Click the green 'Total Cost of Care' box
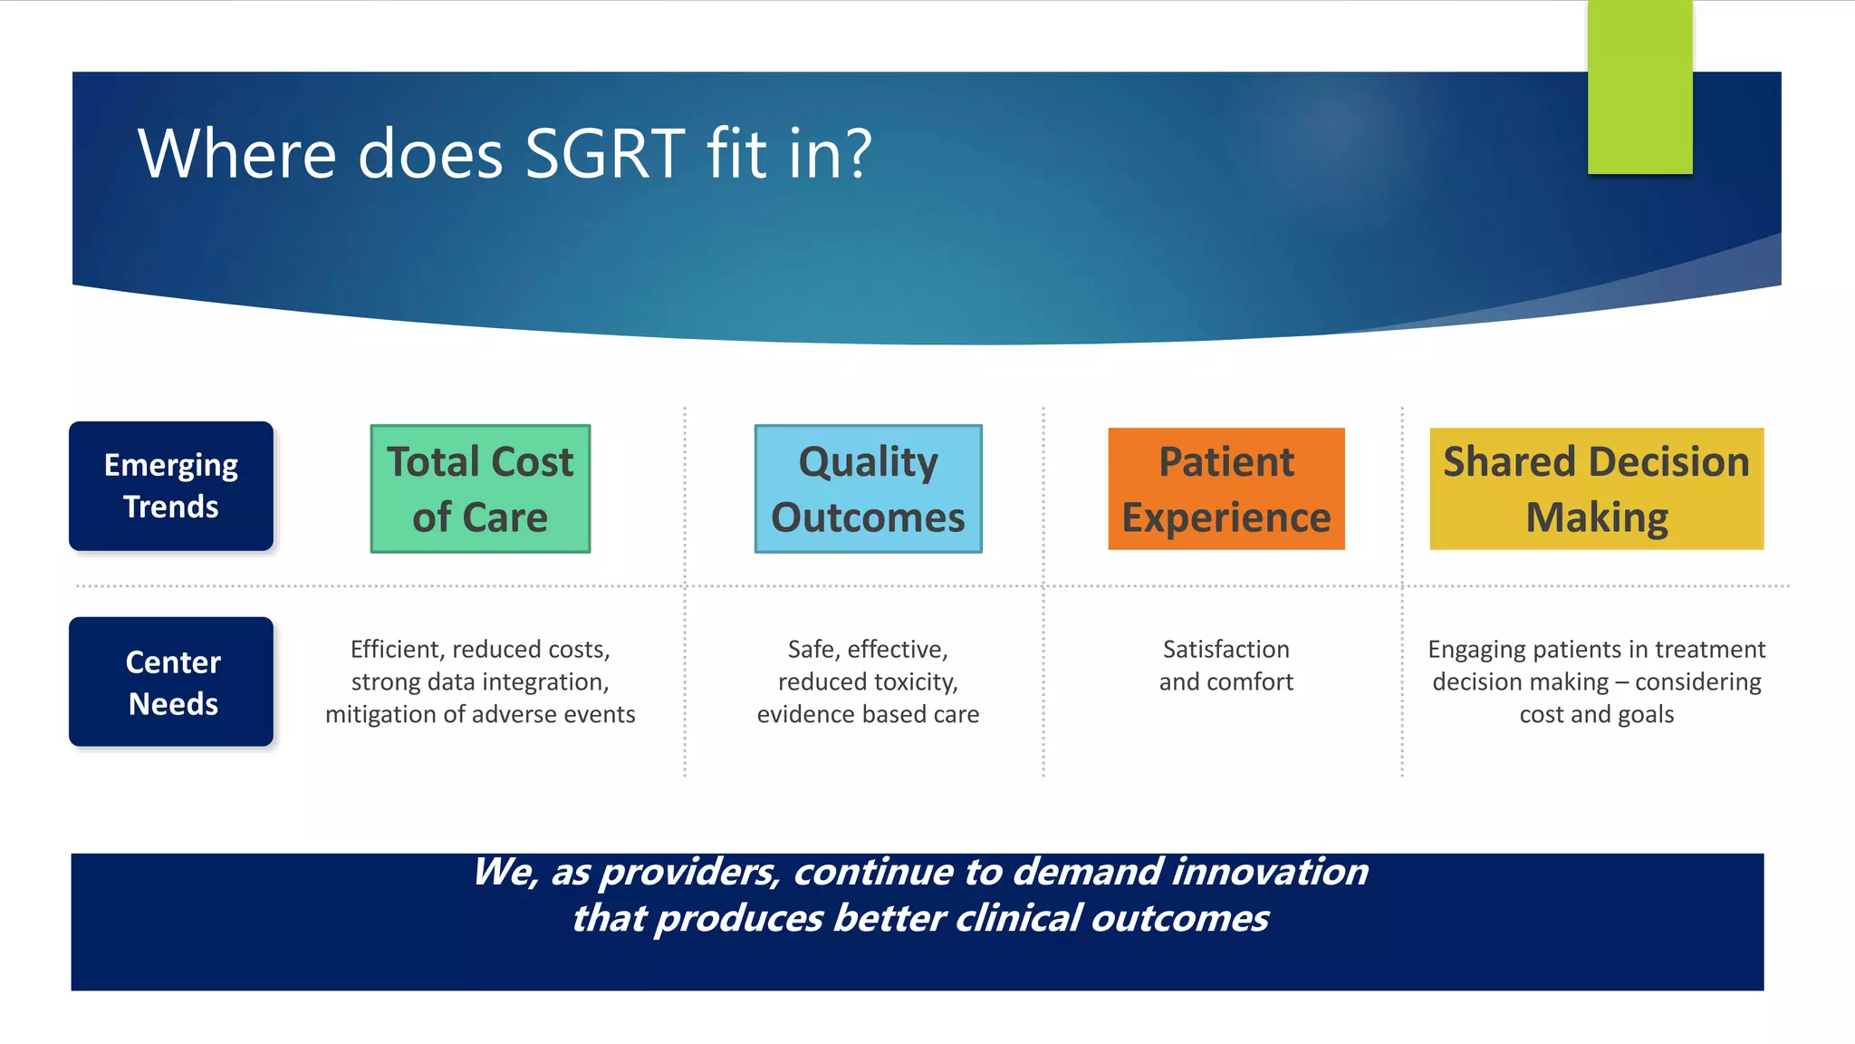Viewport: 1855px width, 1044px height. coord(480,488)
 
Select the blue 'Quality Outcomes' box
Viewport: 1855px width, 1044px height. coord(868,488)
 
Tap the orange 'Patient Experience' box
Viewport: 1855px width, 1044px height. coord(1225,488)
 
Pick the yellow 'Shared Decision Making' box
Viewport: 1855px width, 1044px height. coord(1596,488)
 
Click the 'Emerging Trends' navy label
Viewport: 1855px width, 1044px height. coord(171,486)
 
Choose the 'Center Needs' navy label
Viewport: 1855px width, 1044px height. coord(171,681)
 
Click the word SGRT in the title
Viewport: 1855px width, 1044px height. coord(604,153)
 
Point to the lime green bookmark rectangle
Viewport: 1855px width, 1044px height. coord(1639,87)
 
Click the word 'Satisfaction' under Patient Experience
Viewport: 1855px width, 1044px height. coord(1225,650)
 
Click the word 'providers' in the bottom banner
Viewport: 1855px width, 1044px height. coord(688,872)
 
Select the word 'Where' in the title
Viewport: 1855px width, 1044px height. coord(237,153)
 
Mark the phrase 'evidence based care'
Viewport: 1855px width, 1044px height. coord(868,714)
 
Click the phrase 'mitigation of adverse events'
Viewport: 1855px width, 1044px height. coord(480,714)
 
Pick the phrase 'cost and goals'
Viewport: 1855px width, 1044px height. coord(1596,714)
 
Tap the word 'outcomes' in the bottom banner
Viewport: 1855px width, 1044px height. coord(1179,919)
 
